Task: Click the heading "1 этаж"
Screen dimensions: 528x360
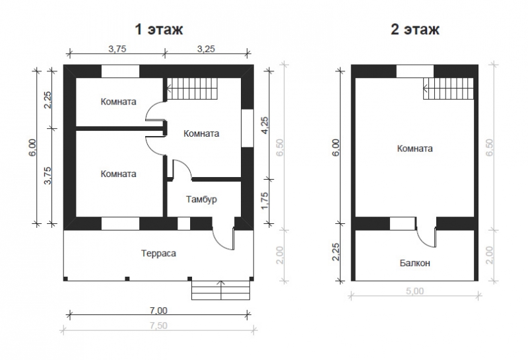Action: coord(159,29)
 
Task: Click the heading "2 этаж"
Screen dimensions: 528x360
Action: coord(415,29)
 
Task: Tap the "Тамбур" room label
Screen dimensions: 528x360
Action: coord(201,199)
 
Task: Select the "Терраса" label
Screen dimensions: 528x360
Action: coord(158,253)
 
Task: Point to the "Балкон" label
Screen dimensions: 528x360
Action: coord(415,263)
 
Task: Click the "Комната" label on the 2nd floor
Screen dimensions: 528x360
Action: coord(415,149)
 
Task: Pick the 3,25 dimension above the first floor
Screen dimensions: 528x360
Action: coord(206,49)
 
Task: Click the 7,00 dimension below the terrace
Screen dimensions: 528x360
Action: coord(158,310)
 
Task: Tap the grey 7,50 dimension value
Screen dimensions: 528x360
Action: coord(158,326)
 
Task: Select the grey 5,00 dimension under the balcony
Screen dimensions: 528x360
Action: coord(414,291)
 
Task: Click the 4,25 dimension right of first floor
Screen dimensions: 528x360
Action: coord(265,126)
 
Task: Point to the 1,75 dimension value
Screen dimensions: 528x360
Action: coord(265,201)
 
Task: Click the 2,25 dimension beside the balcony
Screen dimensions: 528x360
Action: coord(337,252)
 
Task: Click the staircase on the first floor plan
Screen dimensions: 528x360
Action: coord(192,89)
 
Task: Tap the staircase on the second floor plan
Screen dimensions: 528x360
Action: coord(448,89)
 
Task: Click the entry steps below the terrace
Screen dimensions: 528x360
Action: coord(221,290)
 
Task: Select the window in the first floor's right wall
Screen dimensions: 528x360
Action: coord(247,128)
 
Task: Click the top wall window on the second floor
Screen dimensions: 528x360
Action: coord(415,71)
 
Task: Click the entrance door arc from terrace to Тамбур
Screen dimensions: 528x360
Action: coord(220,245)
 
